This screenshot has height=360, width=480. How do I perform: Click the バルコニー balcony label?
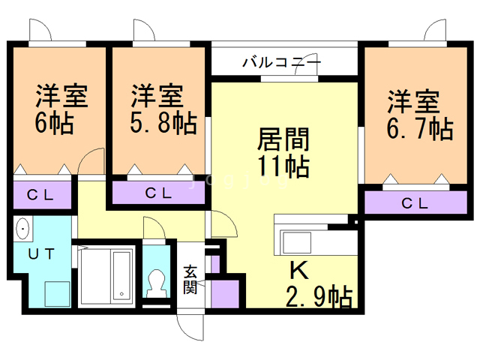pyautogui.click(x=281, y=61)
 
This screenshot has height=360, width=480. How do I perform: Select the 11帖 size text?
pyautogui.click(x=283, y=166)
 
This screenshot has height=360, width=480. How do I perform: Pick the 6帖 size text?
pyautogui.click(x=54, y=122)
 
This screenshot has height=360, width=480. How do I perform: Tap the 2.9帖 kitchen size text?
pyautogui.click(x=319, y=298)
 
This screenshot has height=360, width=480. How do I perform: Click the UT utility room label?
pyautogui.click(x=41, y=253)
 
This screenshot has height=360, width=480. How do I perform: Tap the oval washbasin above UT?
pyautogui.click(x=22, y=227)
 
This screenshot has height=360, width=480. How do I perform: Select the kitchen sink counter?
pyautogui.click(x=296, y=242)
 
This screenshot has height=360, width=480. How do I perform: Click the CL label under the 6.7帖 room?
pyautogui.click(x=414, y=202)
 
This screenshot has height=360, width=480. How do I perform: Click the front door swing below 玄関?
pyautogui.click(x=190, y=324)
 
